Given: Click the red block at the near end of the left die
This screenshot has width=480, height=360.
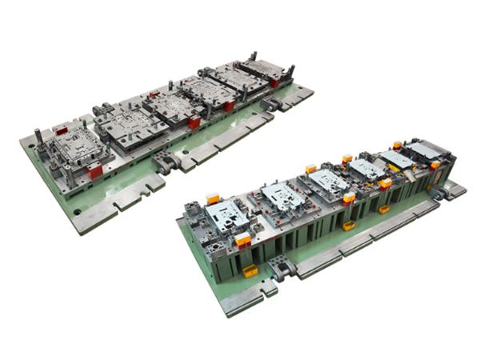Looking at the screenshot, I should pyautogui.click(x=94, y=171).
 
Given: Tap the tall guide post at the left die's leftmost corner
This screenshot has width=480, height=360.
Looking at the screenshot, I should pyautogui.click(x=38, y=137).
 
